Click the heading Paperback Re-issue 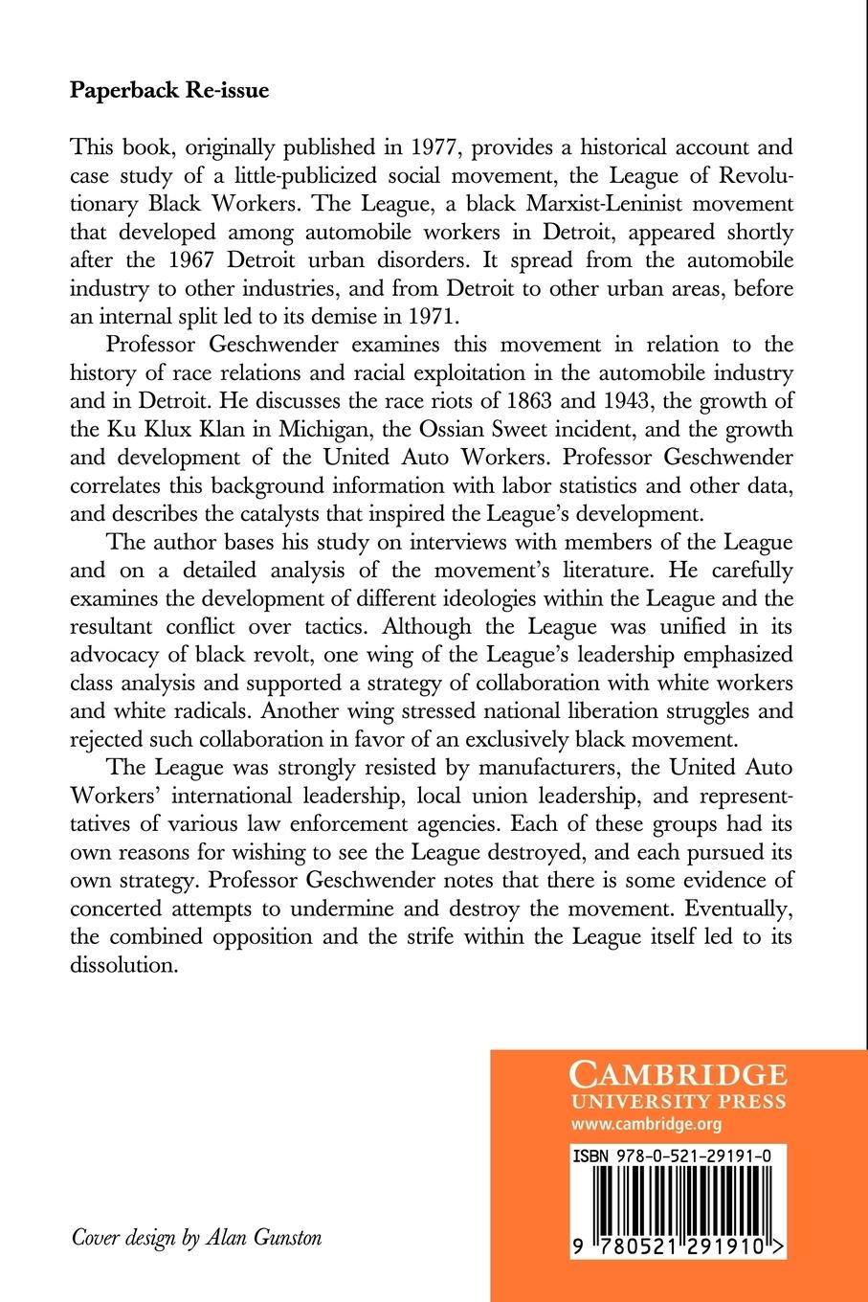[x=169, y=92]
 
